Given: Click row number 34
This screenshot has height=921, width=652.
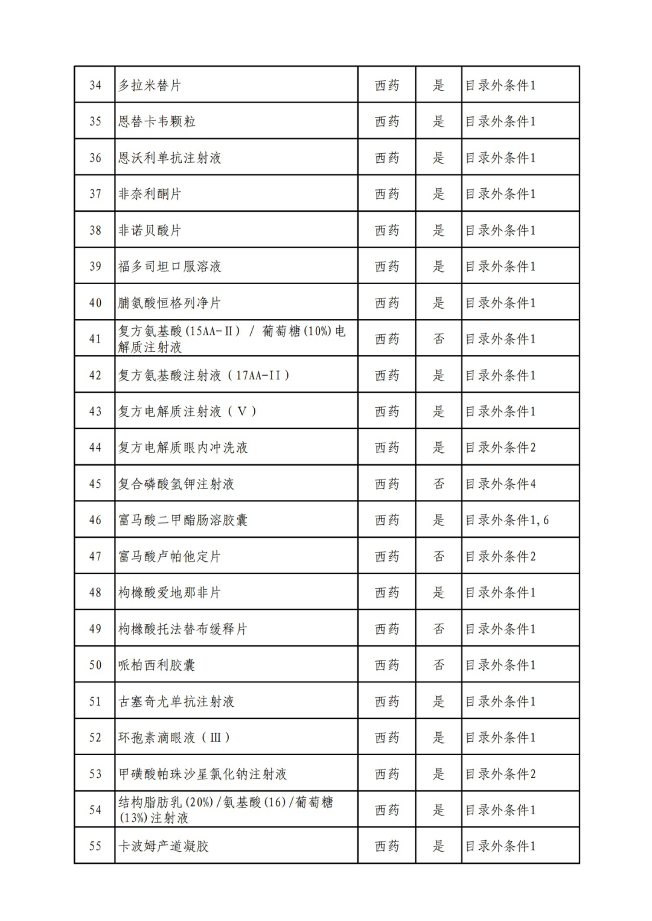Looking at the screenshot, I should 95,85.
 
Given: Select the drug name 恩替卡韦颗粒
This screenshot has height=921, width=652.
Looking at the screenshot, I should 157,121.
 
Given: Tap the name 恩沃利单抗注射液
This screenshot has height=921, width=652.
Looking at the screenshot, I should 170,157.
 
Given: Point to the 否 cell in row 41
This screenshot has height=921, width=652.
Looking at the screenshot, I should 439,339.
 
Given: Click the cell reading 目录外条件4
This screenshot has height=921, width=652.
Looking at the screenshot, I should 500,484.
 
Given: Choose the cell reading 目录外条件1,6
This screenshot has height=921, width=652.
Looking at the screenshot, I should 507,520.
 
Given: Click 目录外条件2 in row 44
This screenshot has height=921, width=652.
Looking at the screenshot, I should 500,448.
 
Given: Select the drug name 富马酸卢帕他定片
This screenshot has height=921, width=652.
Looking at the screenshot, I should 170,556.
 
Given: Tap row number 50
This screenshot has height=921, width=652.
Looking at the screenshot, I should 95,665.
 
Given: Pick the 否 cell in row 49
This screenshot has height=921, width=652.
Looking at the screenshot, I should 439,628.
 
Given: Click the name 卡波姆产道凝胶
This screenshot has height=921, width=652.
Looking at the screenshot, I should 164,846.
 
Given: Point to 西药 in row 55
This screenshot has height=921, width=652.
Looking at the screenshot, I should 387,846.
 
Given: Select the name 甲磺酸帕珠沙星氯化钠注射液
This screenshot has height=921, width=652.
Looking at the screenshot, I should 202,774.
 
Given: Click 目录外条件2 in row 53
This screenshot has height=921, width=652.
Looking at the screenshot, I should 500,774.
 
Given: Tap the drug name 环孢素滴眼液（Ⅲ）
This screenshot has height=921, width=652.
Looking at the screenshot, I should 174,737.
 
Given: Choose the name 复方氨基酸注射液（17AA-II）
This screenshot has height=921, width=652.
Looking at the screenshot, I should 204,375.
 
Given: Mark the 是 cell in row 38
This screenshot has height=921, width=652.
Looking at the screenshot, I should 439,230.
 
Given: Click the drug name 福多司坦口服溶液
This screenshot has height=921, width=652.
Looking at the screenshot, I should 170,266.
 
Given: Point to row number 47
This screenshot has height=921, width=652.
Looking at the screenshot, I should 95,556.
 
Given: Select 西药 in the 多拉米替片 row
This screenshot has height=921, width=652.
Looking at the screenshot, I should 387,85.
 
